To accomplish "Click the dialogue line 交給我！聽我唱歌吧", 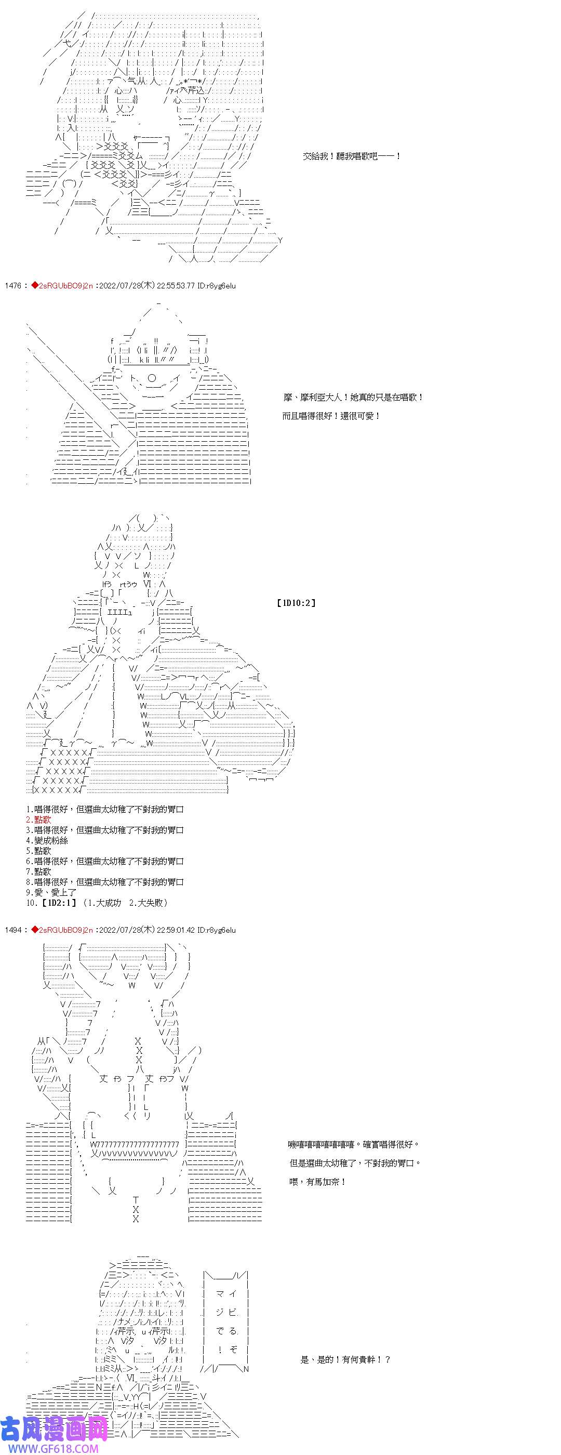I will click(x=351, y=156).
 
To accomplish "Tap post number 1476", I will click(x=13, y=286).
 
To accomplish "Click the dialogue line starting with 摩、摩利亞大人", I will click(x=353, y=398).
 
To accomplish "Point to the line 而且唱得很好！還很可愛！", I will click(x=331, y=416).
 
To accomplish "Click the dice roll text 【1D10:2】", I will click(x=296, y=603).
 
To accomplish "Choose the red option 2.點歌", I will click(x=38, y=819).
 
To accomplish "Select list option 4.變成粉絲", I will click(x=47, y=840).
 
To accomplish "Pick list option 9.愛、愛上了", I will click(x=51, y=892).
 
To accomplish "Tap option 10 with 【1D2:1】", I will click(x=96, y=903).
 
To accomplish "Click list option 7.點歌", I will click(x=38, y=871).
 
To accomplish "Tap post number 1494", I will click(x=13, y=930).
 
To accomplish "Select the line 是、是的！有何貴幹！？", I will click(x=345, y=1359).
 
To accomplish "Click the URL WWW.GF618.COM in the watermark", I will click(x=50, y=1449).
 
